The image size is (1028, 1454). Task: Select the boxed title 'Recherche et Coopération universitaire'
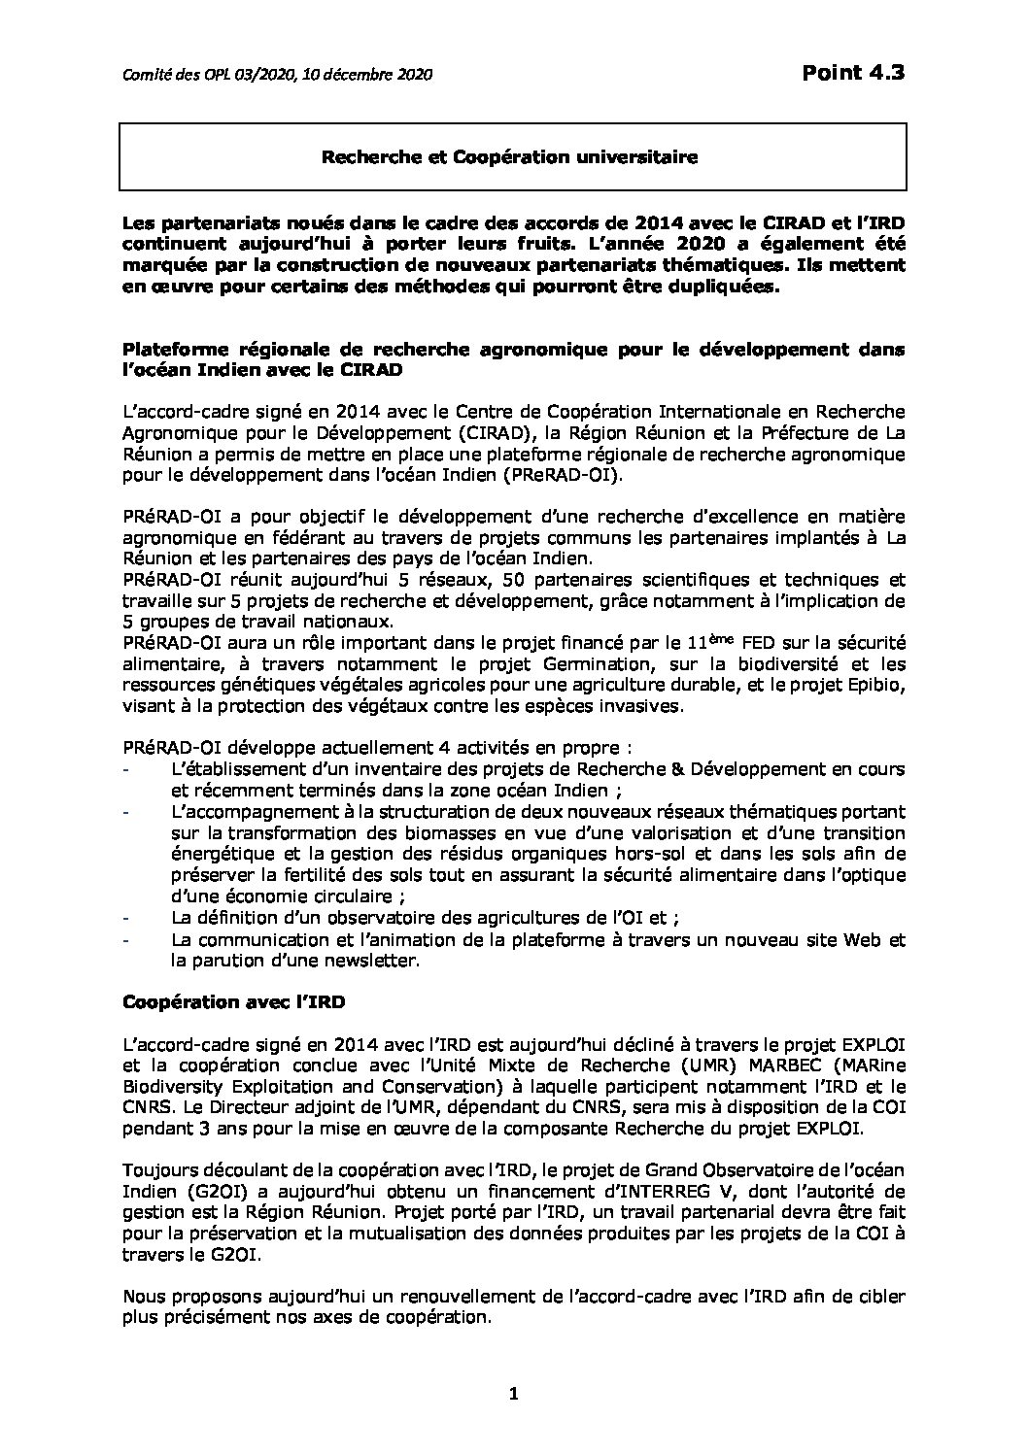point(511,156)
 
